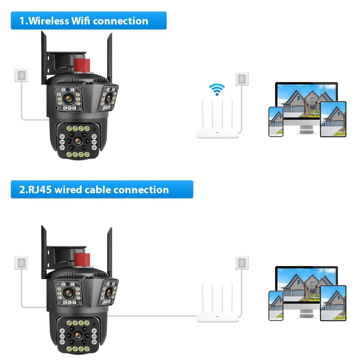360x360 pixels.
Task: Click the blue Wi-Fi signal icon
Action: click(x=217, y=89)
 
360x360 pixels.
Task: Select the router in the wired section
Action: click(x=217, y=317)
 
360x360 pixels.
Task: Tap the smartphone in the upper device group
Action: click(x=276, y=122)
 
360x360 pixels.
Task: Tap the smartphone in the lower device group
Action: click(x=276, y=306)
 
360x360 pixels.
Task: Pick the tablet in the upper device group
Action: click(x=333, y=119)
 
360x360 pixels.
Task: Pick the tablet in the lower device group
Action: click(x=333, y=303)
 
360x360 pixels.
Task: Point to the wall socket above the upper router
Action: click(x=242, y=78)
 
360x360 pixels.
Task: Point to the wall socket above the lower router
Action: click(x=242, y=262)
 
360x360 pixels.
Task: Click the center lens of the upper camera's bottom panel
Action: click(x=77, y=140)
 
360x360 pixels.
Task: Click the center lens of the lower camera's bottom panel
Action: click(x=77, y=334)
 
